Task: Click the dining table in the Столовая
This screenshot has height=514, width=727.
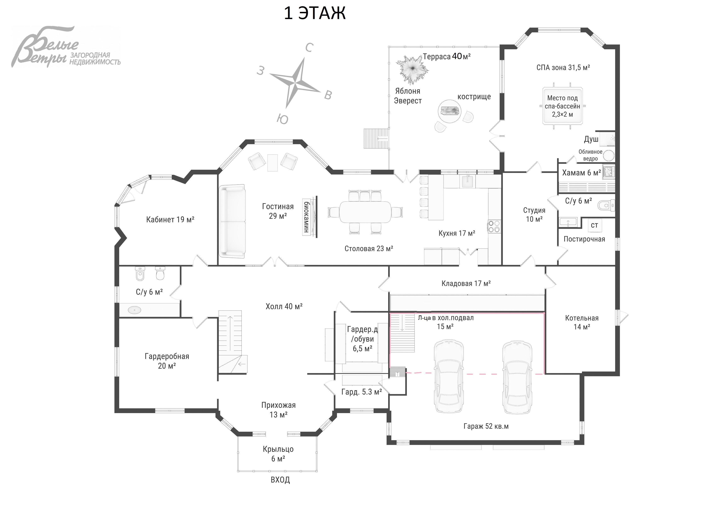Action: click(365, 212)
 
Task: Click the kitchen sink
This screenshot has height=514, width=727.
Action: click(467, 182)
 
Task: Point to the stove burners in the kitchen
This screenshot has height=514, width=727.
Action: click(494, 226)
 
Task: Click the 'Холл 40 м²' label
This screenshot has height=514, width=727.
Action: click(284, 306)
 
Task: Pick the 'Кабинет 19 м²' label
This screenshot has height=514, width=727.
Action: click(170, 219)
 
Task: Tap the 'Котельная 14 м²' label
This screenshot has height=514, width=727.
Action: click(582, 322)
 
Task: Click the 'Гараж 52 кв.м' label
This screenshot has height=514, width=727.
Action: click(486, 426)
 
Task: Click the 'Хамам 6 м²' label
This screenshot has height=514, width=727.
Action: click(581, 173)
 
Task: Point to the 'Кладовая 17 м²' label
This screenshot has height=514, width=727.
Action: click(466, 284)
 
